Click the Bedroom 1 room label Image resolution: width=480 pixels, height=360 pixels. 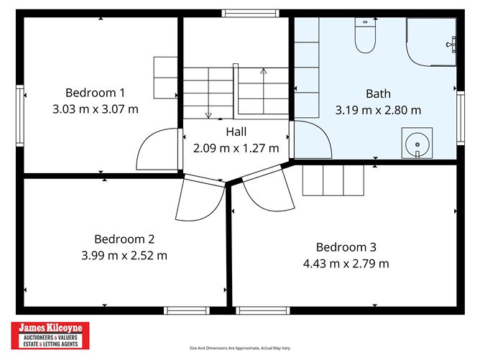tap(95, 92)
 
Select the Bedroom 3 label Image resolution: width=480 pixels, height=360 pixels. tap(346, 246)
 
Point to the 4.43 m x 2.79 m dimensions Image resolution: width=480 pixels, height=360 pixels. tap(346, 264)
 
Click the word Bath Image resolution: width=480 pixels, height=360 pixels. tap(378, 93)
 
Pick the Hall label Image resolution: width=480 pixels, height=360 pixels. tap(236, 131)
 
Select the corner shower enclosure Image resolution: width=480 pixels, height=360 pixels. tap(431, 41)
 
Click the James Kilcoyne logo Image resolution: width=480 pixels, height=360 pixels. tap(50, 335)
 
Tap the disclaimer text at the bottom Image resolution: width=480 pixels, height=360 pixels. tap(239, 348)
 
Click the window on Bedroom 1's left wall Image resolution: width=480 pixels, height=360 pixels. tap(20, 106)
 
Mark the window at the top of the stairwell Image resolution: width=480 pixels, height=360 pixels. tap(249, 13)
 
